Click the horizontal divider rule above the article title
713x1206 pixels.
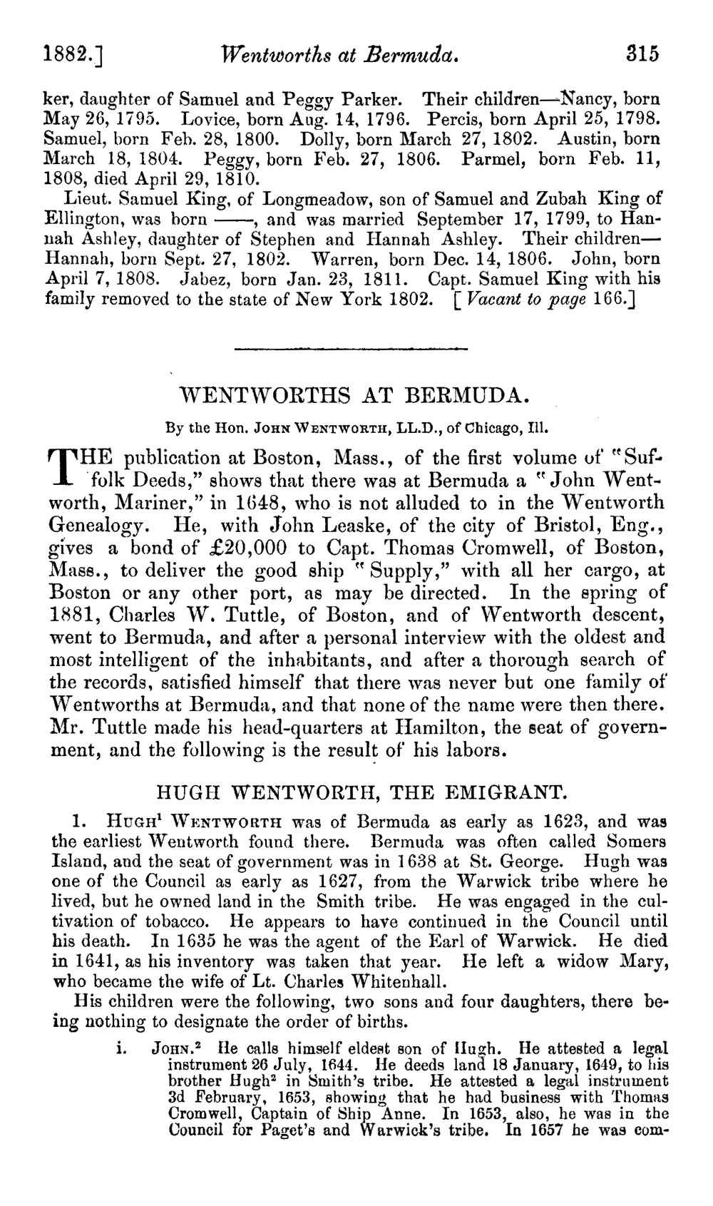point(350,349)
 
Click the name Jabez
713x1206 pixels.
point(207,278)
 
